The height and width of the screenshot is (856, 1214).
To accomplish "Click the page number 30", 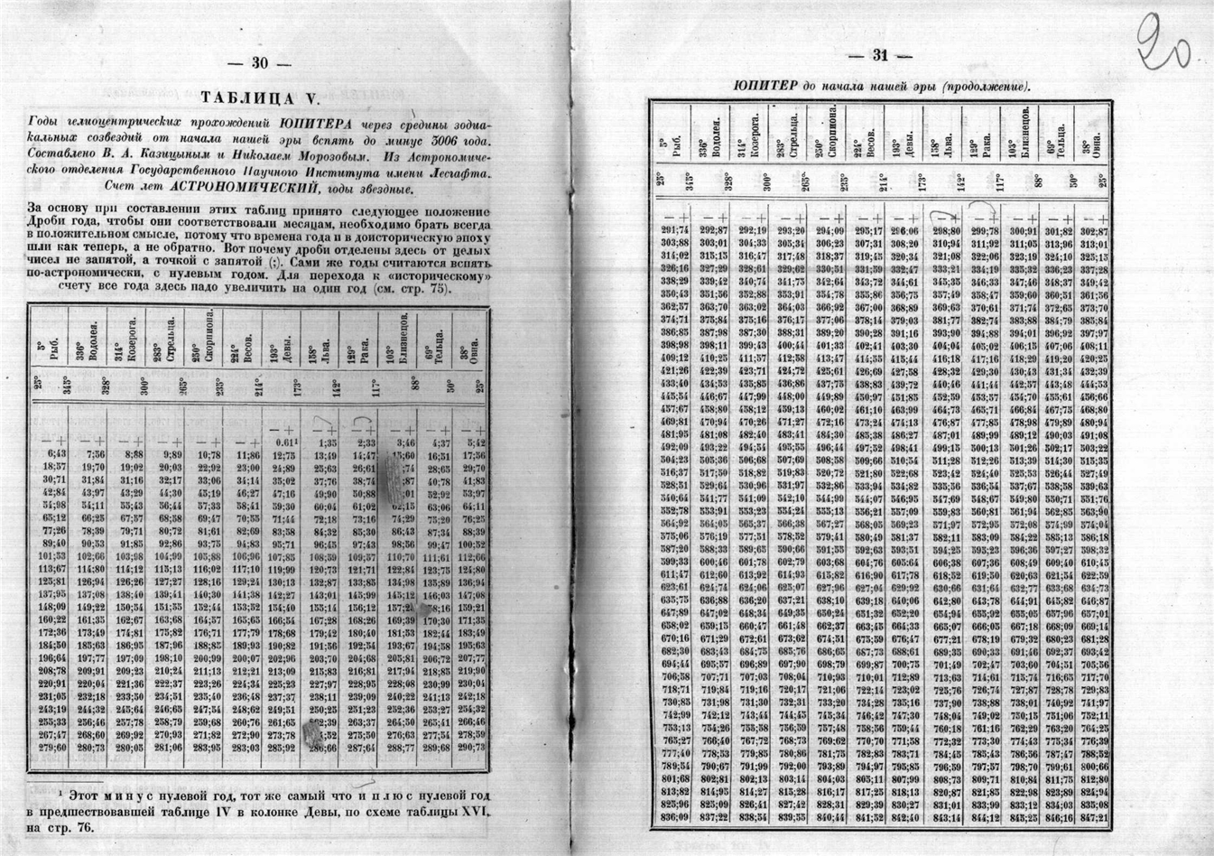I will [x=260, y=63].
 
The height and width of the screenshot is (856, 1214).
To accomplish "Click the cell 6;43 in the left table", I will [x=56, y=453].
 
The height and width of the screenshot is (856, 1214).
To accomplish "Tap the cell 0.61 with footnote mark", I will [x=284, y=442].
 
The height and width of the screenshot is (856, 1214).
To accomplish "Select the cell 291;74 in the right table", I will [x=675, y=230].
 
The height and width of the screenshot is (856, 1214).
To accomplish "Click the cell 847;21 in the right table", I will [x=1093, y=818].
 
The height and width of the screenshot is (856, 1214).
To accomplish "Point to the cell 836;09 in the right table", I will [x=675, y=818].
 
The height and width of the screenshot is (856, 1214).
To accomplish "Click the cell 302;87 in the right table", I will [x=1093, y=230].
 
